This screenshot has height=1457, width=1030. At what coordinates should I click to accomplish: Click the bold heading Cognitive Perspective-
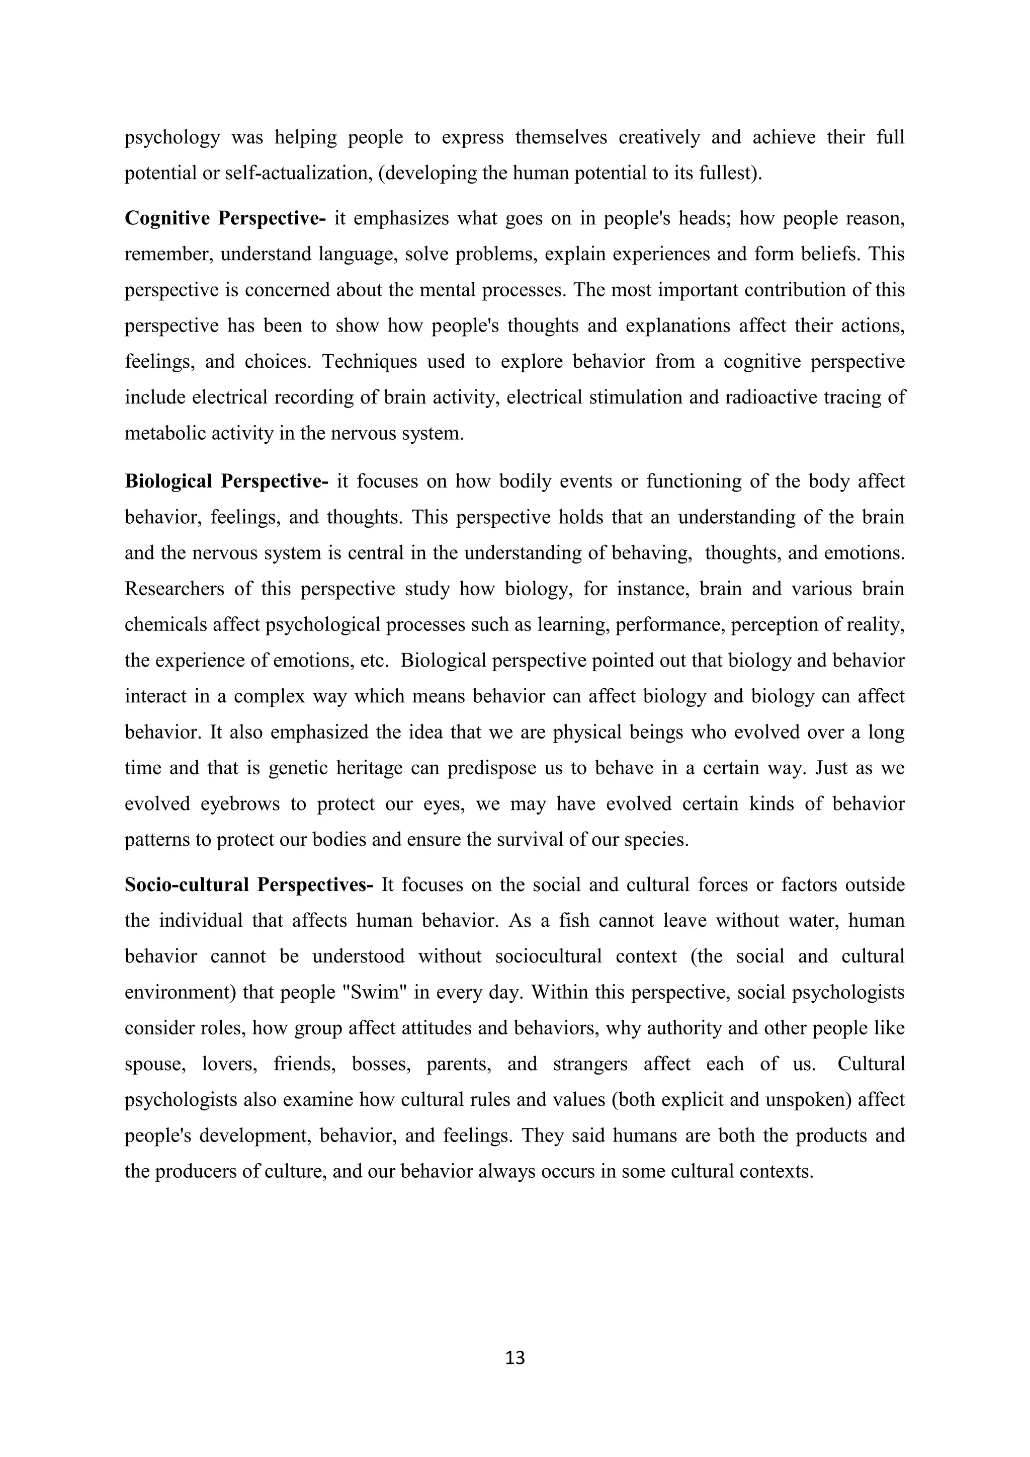pos(225,218)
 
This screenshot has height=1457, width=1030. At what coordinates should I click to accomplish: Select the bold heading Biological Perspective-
pos(226,481)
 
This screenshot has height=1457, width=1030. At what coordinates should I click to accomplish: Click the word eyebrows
pos(240,804)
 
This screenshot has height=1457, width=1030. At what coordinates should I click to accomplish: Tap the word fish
pos(575,921)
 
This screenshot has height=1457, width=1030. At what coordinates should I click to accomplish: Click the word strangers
pos(590,1064)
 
